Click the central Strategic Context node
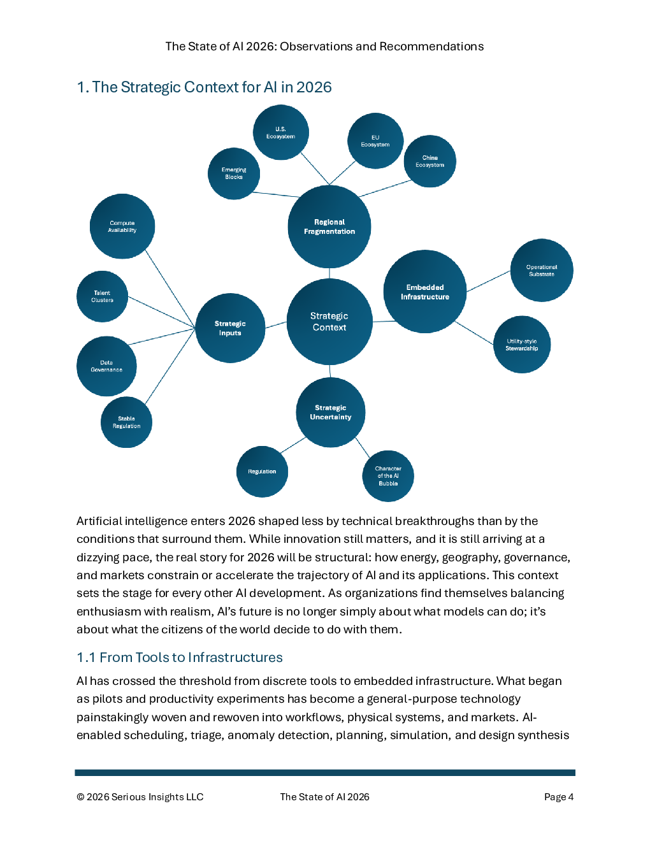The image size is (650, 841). pos(329,322)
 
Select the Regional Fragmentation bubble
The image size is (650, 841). pos(329,227)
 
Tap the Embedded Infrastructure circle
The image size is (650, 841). pos(425,292)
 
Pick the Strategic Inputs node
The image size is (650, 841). pos(230,328)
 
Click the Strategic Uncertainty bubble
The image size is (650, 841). pos(331,412)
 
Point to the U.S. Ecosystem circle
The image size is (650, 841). pos(281,133)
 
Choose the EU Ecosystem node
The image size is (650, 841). pos(375,141)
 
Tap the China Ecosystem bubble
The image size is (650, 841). pos(430,161)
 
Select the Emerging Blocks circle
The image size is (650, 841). pos(234,173)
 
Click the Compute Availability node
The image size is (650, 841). pos(122,226)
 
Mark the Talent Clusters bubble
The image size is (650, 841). pos(102,296)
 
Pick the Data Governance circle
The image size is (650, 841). pos(106,366)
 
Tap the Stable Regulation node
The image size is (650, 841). pos(126,422)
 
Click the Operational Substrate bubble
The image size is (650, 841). pos(542,270)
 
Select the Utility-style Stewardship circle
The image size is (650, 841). pos(522,345)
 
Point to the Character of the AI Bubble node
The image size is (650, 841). pos(388,476)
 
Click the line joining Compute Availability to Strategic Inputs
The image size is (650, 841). pos(170,289)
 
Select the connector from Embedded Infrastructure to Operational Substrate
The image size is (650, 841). pos(489,281)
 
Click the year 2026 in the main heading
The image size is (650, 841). pos(314,87)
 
